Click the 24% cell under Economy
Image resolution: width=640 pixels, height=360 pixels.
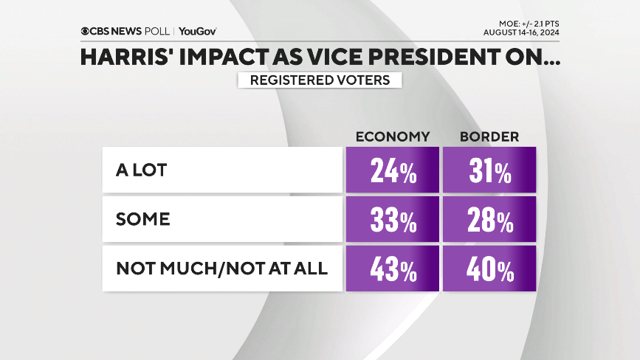coord(392,171)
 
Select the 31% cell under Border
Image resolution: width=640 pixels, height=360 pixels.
coord(489,171)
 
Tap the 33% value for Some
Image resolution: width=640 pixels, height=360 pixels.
coord(392,220)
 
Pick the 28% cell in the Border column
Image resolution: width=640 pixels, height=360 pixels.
coord(489,220)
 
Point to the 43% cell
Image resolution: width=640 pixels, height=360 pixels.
coord(392,269)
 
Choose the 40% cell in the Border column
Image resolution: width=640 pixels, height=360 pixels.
coord(489,269)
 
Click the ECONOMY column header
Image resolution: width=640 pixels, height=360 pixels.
coord(392,136)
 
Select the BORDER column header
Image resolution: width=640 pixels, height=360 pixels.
coord(489,136)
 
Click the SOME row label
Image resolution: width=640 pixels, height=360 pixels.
coord(143,220)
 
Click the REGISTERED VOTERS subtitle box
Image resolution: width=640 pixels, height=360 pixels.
coord(320,80)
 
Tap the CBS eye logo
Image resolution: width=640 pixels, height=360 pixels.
coord(86,31)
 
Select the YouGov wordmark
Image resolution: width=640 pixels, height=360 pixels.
coord(197,31)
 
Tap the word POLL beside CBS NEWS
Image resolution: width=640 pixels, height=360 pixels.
coord(156,31)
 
